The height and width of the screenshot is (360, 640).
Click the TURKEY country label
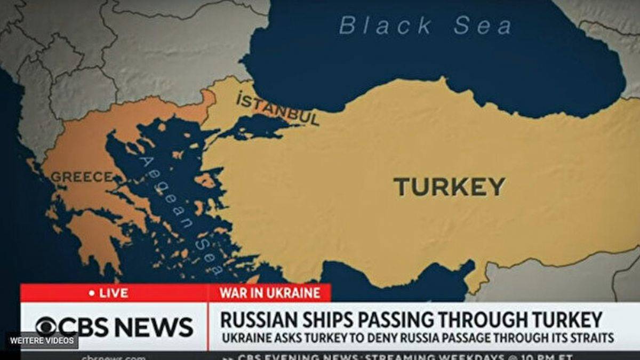point(449,187)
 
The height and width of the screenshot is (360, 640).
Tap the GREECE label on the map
point(81,177)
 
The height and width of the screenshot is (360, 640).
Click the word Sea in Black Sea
point(483,26)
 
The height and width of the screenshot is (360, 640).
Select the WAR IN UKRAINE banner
point(270,293)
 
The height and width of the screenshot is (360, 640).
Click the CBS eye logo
point(46,326)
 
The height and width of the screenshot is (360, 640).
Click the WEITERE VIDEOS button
point(42,340)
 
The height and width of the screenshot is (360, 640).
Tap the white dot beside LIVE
point(92,293)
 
